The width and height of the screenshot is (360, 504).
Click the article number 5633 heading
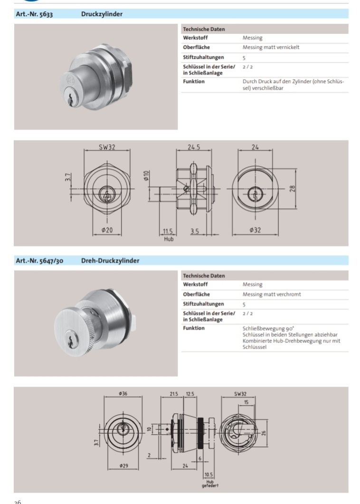pyautogui.click(x=34, y=14)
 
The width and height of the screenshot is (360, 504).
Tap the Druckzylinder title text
pyautogui.click(x=102, y=14)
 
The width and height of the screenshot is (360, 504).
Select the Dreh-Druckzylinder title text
pyautogui.click(x=110, y=261)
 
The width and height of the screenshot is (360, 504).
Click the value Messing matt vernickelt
pyautogui.click(x=271, y=47)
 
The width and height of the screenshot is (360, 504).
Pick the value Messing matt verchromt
pyautogui.click(x=272, y=294)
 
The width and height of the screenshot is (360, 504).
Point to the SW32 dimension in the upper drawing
pyautogui.click(x=107, y=147)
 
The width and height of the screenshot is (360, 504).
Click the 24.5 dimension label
pyautogui.click(x=194, y=147)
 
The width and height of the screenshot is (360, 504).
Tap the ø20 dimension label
pyautogui.click(x=107, y=230)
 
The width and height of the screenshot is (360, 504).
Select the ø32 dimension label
pyautogui.click(x=255, y=230)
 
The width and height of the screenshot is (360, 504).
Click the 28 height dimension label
pyautogui.click(x=293, y=189)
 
